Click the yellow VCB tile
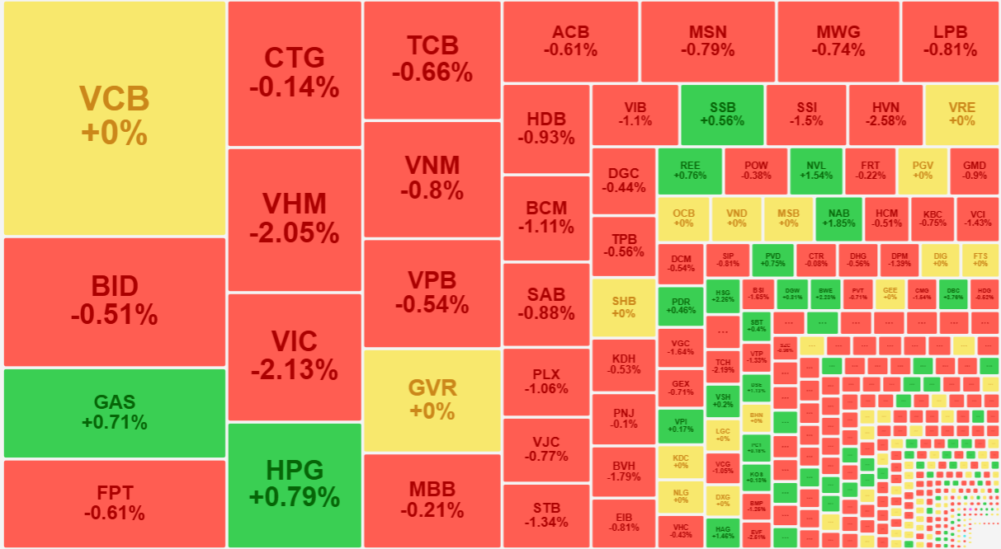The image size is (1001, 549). pos(114,118)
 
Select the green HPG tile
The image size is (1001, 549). pos(295,485)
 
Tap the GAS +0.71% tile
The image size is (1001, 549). pos(114,412)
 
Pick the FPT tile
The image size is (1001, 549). pos(114,503)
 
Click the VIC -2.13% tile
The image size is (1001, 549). pos(295,356)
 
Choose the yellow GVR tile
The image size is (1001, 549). pos(432,400)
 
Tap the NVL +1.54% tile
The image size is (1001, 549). pos(816,170)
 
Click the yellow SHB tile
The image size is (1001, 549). pos(624,307)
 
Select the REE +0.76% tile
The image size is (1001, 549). pos(690,170)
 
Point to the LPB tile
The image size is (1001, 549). pos(950,40)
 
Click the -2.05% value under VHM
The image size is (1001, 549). pos(295,233)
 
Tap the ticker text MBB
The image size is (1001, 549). pos(432,489)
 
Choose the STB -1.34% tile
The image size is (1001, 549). pos(545,514)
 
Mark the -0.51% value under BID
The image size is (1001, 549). pos(114,316)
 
